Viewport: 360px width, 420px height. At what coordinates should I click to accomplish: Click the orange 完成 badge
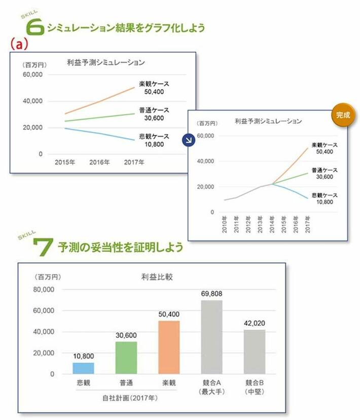click(343, 115)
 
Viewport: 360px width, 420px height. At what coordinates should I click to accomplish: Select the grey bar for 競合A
click(211, 337)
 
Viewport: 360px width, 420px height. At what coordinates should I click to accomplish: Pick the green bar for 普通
click(126, 358)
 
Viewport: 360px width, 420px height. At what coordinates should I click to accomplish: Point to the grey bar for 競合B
click(254, 352)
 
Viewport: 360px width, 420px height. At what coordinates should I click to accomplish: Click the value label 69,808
click(211, 294)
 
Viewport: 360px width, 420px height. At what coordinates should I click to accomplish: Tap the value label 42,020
click(254, 323)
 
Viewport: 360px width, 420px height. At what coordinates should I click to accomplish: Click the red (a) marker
click(18, 45)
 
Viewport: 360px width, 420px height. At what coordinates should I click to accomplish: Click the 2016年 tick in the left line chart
click(99, 163)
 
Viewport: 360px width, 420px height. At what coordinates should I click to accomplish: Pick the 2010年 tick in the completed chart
click(224, 224)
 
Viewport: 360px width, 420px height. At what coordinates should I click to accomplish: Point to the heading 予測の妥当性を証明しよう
click(121, 248)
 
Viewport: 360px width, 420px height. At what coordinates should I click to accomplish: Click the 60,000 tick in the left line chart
click(33, 75)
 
